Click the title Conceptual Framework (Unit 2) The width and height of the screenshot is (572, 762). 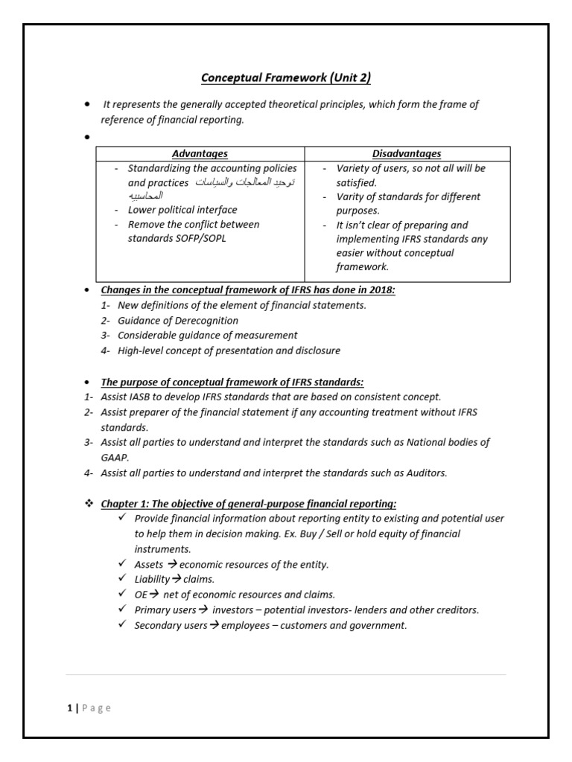point(286,78)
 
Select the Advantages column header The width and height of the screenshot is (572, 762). point(200,154)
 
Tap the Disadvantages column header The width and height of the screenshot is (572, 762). point(407,154)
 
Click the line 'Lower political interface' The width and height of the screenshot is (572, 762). point(182,211)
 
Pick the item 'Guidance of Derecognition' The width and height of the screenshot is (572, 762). point(178,320)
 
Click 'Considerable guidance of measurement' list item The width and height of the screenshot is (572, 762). point(207,336)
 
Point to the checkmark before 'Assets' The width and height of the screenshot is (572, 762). point(122,564)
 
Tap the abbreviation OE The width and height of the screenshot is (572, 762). point(141,595)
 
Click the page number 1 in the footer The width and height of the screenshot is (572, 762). point(69,708)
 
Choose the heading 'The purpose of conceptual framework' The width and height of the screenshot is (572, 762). point(232,382)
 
